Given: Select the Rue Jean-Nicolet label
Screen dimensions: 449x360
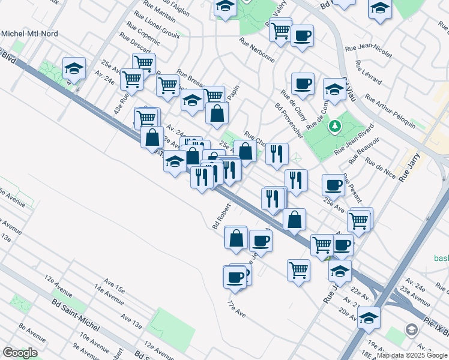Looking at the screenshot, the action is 369,49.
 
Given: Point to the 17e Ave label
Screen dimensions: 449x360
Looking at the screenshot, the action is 237,307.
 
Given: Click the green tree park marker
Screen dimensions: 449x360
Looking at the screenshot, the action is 335,127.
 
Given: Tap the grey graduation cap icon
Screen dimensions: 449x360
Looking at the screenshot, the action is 412,329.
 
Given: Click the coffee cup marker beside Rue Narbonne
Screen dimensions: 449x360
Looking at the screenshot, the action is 302,35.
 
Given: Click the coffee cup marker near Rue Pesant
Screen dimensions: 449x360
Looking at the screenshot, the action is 333,184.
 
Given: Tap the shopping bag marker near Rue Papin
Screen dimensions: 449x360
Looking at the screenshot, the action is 217,112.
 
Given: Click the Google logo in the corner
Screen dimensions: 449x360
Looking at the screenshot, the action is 19,353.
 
